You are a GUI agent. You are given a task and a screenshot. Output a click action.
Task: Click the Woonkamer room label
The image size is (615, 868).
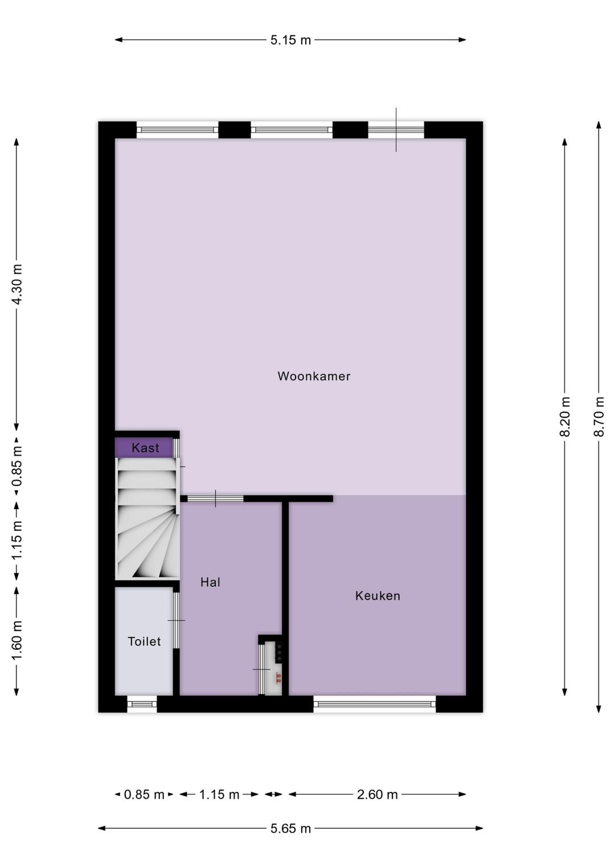(x=314, y=376)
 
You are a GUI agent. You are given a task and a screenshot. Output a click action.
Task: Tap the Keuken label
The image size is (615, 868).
(x=378, y=596)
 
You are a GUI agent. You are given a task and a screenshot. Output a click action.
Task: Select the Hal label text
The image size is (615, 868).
(x=210, y=582)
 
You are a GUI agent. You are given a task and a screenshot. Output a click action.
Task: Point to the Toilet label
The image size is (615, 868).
(x=144, y=641)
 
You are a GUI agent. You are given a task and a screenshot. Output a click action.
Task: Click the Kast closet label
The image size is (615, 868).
(x=145, y=448)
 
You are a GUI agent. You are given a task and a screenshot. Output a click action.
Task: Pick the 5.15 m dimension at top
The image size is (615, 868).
(x=290, y=40)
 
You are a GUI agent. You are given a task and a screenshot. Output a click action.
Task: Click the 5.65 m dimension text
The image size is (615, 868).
(x=290, y=828)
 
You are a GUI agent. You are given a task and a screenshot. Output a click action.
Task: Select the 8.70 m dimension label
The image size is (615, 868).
(x=599, y=416)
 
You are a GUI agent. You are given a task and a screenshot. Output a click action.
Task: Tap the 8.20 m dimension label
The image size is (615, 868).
(x=565, y=416)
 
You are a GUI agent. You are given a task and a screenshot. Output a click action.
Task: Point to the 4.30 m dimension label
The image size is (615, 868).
(x=17, y=284)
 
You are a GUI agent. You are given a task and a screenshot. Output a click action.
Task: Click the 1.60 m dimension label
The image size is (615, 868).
(x=17, y=641)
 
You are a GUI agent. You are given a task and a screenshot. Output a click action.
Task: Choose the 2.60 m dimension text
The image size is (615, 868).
(x=377, y=795)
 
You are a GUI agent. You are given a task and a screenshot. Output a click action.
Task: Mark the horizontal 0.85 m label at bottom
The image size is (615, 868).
(x=144, y=795)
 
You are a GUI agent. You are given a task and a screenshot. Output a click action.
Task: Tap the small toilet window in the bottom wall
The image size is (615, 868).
(x=142, y=704)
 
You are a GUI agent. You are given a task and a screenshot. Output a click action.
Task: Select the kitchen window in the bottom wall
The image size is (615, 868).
(x=374, y=704)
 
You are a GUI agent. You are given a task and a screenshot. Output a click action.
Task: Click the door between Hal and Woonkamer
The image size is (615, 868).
(x=215, y=499)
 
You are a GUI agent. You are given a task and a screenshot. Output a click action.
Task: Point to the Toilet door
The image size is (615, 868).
(x=177, y=620)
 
